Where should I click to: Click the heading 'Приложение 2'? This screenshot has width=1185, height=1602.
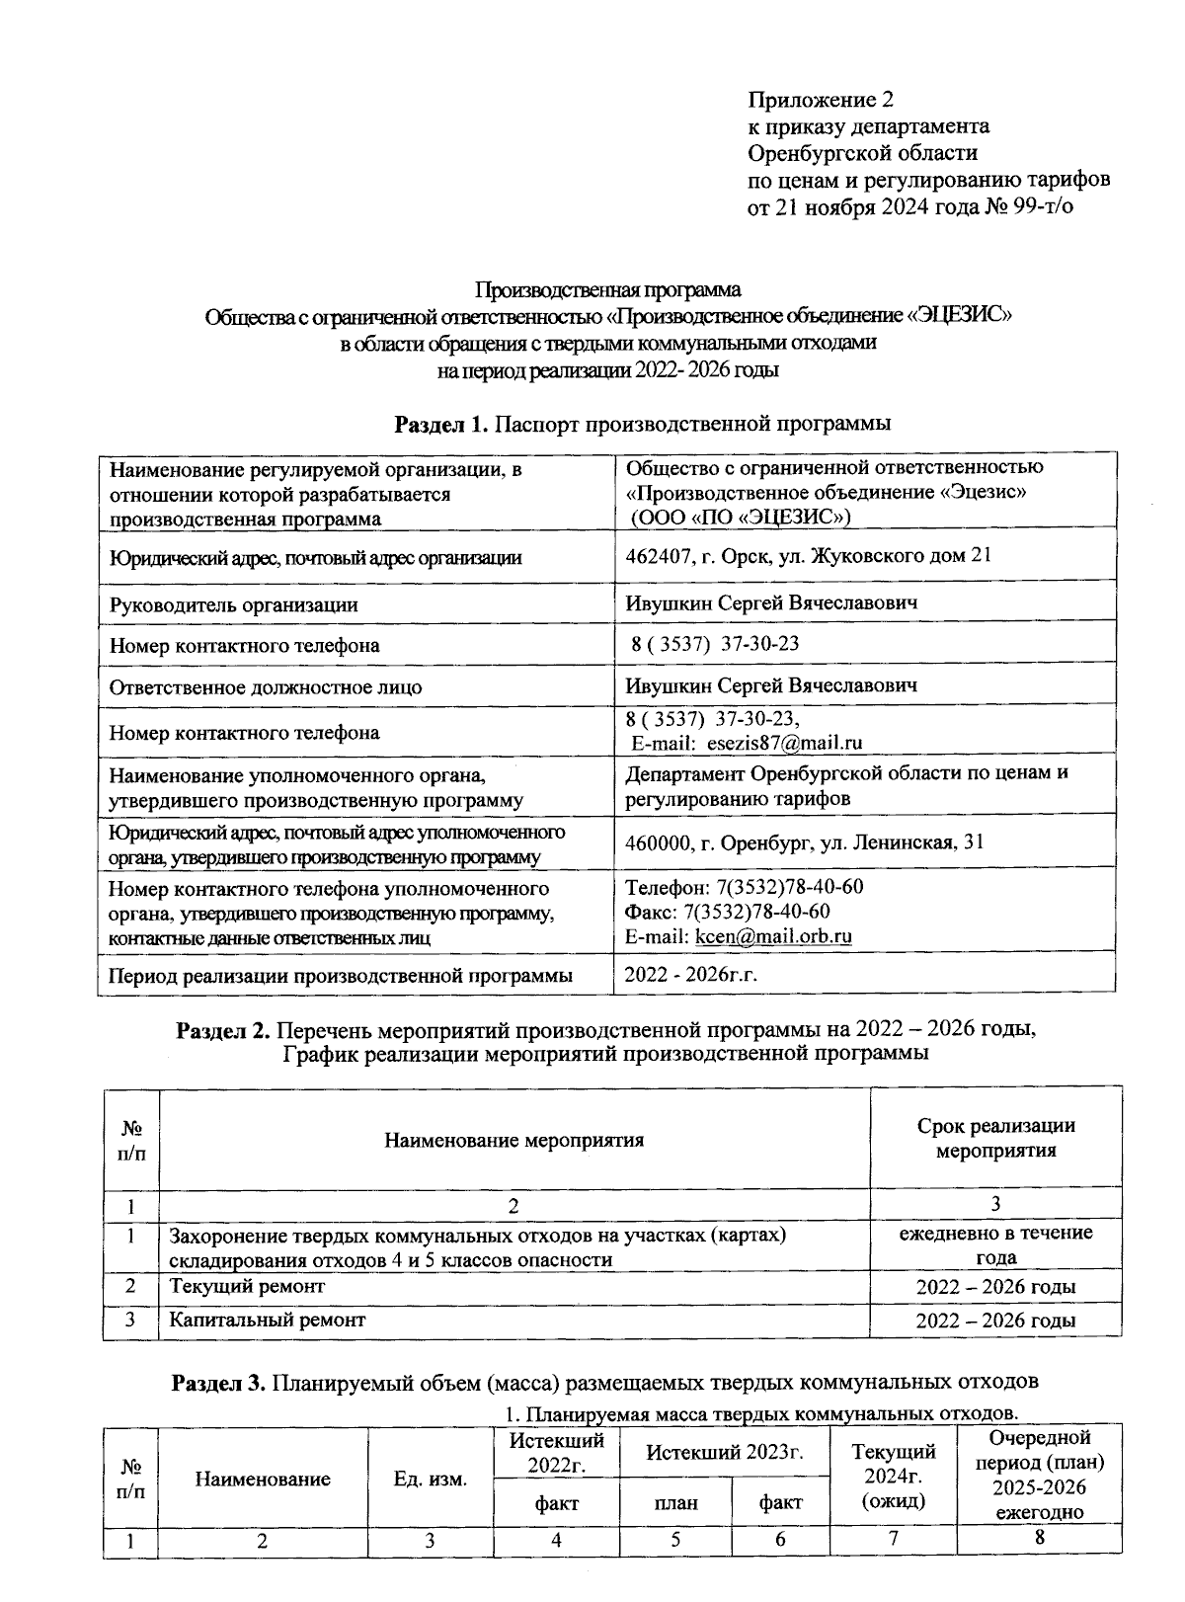click(x=821, y=100)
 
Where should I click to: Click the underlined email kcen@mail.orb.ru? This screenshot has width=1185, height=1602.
click(x=773, y=936)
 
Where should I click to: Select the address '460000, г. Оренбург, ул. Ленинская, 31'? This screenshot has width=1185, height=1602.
click(x=805, y=843)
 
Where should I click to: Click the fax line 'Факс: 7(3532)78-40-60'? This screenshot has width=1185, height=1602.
click(x=728, y=911)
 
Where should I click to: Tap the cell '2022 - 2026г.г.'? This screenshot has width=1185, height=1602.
click(x=691, y=975)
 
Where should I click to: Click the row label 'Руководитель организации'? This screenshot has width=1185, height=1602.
click(x=233, y=604)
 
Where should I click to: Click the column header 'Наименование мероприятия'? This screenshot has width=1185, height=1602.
click(x=513, y=1141)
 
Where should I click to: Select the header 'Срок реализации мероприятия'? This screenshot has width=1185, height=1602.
click(x=995, y=1138)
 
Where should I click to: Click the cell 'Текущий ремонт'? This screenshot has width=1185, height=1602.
click(x=246, y=1287)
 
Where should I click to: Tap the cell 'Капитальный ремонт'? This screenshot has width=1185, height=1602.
click(x=267, y=1320)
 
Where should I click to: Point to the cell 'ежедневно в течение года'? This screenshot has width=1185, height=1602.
click(x=995, y=1245)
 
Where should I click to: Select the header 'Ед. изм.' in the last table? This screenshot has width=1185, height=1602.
click(x=430, y=1480)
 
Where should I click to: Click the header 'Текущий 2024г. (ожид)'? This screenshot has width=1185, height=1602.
click(x=893, y=1477)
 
